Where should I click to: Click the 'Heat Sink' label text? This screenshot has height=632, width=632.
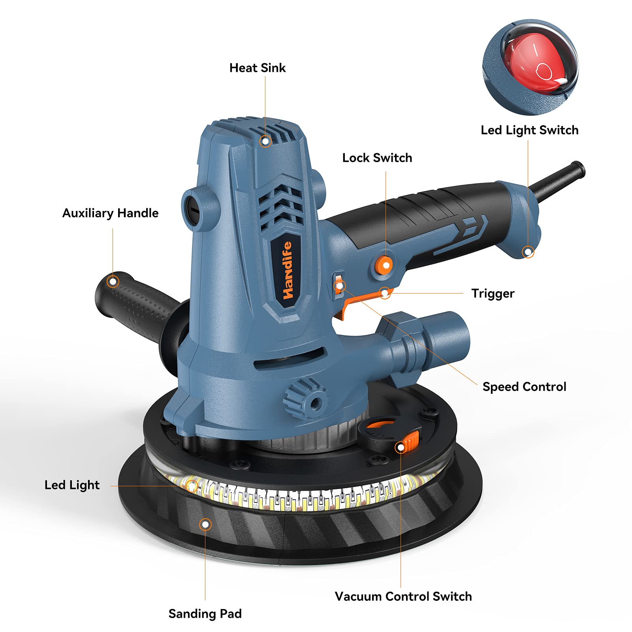tap(257, 68)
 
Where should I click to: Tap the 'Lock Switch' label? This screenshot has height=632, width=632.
tap(377, 158)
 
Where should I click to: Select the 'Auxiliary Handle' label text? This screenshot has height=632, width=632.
tap(110, 213)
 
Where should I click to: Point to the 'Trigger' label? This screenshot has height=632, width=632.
tap(493, 293)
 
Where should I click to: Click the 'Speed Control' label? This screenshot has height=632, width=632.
tap(524, 387)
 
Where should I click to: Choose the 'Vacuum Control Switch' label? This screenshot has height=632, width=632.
tap(403, 596)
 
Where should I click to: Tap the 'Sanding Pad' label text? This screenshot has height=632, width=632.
tap(205, 614)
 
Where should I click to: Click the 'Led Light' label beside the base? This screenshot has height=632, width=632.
tap(72, 485)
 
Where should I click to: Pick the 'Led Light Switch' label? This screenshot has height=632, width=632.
tap(529, 130)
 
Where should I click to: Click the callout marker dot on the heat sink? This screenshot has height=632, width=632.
tap(265, 141)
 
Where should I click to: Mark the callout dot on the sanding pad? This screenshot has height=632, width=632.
tap(205, 525)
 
